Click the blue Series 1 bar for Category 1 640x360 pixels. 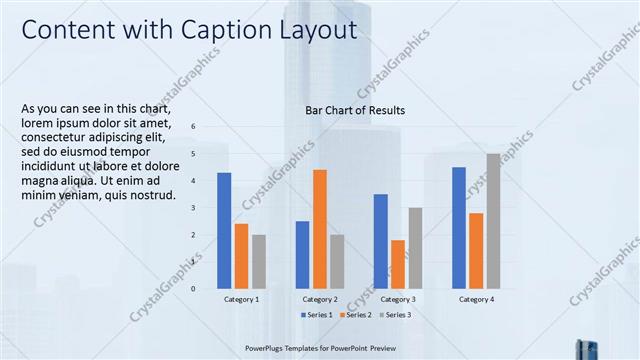coord(224,231)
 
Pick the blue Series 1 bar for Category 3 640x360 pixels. coord(380,241)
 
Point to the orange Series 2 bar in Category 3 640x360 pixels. coord(398,264)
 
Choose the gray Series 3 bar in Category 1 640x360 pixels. coord(259,262)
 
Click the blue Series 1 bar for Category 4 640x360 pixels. coord(459,228)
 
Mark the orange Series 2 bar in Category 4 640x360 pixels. coord(476,251)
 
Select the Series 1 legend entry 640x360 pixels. coord(317,315)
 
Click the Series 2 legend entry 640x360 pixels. coord(357,315)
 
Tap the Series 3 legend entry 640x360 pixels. coord(396,315)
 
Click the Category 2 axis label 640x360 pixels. coord(320,299)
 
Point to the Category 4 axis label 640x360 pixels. coord(476,299)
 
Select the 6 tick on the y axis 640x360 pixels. coord(193,126)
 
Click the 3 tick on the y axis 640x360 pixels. coord(193,207)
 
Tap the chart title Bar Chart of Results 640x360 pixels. coord(356,110)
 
